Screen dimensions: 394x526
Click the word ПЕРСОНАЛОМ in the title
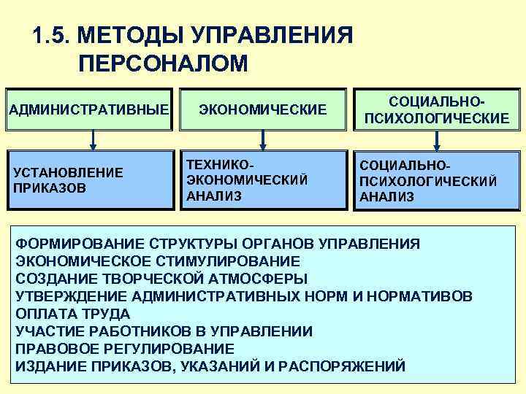[162, 63]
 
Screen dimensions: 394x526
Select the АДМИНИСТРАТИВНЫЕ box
[89, 109]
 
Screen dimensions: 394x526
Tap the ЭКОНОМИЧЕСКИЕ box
[263, 109]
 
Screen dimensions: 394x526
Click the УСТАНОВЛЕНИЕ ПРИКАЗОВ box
[89, 180]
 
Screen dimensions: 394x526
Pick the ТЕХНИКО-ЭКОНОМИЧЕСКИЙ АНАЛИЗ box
[263, 180]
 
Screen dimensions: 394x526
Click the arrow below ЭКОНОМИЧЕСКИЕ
[263, 141]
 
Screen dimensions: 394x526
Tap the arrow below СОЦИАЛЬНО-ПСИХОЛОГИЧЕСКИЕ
[437, 141]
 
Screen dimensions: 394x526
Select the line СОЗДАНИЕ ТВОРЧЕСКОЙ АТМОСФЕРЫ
[161, 278]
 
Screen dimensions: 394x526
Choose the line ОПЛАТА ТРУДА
[73, 313]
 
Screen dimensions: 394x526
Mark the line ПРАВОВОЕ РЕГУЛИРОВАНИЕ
[125, 348]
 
